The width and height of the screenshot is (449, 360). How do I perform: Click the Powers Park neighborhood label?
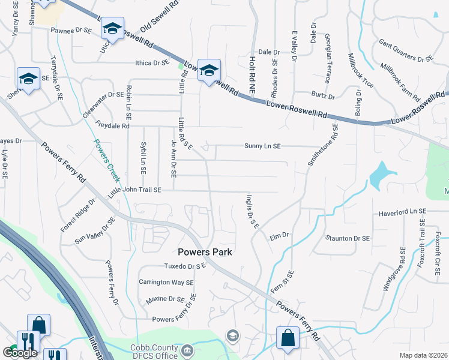click(x=205, y=252)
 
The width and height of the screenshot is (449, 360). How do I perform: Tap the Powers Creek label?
click(x=106, y=161)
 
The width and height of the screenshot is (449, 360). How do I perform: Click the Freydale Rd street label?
click(x=112, y=126)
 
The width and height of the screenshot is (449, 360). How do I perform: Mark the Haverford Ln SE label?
click(x=402, y=212)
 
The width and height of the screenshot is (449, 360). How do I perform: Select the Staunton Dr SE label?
click(x=348, y=238)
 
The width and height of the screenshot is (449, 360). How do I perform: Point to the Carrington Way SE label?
click(x=166, y=282)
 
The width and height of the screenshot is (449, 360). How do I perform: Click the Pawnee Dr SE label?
click(x=71, y=29)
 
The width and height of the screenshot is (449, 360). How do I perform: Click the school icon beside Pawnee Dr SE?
click(x=112, y=28)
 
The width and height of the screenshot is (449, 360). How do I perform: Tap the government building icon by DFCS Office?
click(x=187, y=350)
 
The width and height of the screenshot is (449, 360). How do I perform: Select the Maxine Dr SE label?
click(x=164, y=299)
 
